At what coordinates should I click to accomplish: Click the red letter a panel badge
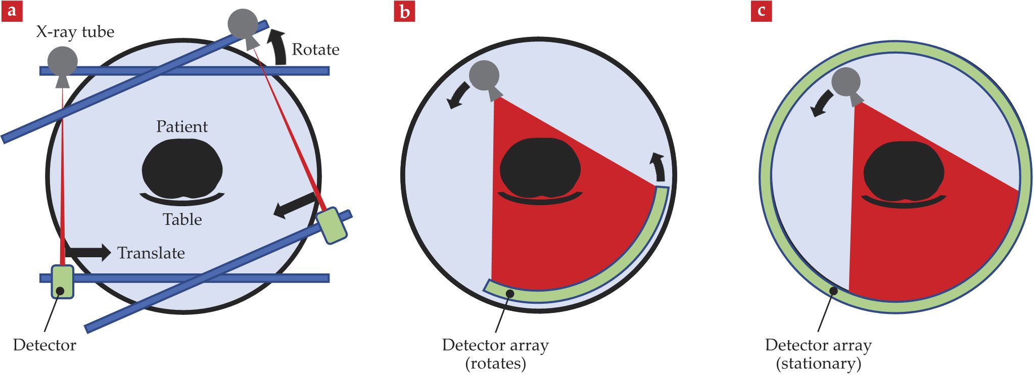pos(12,11)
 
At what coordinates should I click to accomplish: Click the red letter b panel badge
pos(404,11)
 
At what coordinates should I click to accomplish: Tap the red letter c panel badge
pos(761,11)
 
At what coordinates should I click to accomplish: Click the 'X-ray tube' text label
pos(75,32)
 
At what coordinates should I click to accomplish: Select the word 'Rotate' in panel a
pos(315,50)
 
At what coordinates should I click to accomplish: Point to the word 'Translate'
pos(151,253)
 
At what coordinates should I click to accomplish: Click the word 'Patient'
pos(182,126)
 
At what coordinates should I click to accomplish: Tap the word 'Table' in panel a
pos(182,219)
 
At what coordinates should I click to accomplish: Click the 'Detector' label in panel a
pos(44,345)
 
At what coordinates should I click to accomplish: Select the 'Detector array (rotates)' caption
pos(495,354)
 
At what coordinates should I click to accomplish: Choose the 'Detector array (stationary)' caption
pos(818,354)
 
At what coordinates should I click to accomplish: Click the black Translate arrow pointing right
pos(88,252)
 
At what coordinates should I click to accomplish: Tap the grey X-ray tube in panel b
pos(485,76)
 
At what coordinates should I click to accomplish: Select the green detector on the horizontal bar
pos(62,282)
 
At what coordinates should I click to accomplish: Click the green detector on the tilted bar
pos(332,225)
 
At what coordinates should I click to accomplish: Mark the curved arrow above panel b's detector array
pos(658,166)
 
